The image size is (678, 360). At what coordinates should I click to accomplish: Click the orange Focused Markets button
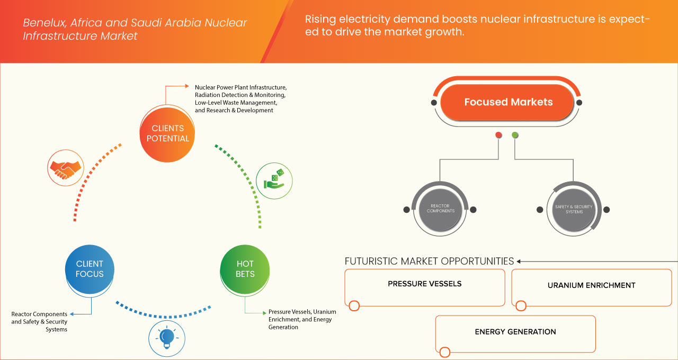(x=508, y=102)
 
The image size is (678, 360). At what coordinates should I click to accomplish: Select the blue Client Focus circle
(x=90, y=269)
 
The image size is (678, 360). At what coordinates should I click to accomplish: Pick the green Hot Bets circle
(x=245, y=269)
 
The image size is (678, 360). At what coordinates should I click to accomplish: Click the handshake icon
(x=65, y=166)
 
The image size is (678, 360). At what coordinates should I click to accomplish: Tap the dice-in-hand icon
(x=274, y=180)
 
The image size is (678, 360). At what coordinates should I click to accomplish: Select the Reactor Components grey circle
(x=440, y=210)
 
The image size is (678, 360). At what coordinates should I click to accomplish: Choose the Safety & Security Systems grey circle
(x=574, y=210)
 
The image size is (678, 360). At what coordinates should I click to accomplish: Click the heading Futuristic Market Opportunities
(x=429, y=261)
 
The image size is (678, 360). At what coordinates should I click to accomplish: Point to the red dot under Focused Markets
(x=498, y=135)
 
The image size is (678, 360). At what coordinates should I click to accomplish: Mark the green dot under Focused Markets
(x=515, y=135)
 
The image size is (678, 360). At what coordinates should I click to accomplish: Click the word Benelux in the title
(x=41, y=23)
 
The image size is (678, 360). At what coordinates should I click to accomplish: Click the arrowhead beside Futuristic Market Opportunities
(x=519, y=261)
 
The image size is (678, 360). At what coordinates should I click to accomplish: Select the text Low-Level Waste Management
(x=236, y=102)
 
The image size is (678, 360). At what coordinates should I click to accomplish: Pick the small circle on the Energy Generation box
(x=445, y=352)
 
